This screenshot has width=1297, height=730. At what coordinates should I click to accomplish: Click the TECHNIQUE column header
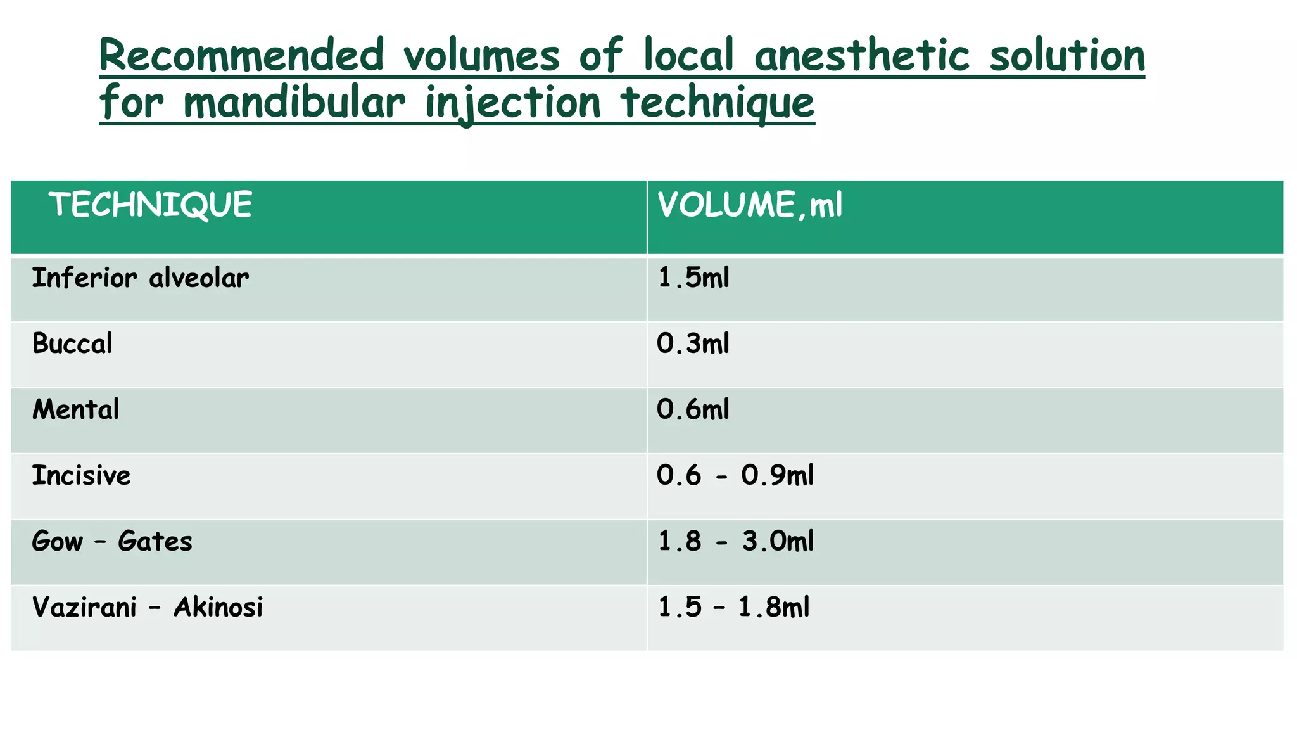pyautogui.click(x=151, y=205)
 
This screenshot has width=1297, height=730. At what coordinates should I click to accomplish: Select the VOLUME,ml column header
pyautogui.click(x=750, y=205)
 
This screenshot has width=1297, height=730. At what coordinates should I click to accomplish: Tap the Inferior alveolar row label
pyautogui.click(x=140, y=278)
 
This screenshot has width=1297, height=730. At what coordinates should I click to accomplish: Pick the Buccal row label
pyautogui.click(x=72, y=344)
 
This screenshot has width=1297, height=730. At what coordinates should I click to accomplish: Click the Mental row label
pyautogui.click(x=75, y=410)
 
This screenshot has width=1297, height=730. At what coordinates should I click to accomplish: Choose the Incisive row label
pyautogui.click(x=81, y=476)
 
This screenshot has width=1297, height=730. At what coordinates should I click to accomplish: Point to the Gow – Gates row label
pyautogui.click(x=112, y=542)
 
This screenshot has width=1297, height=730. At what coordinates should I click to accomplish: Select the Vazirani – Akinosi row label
pyautogui.click(x=147, y=608)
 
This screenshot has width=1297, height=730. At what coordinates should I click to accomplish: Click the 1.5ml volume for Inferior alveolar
pyautogui.click(x=693, y=278)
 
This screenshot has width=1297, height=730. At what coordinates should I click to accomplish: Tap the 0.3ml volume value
pyautogui.click(x=693, y=344)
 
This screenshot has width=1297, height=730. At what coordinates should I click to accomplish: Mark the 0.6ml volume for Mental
pyautogui.click(x=693, y=410)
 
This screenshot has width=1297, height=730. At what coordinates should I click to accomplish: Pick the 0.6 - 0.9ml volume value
pyautogui.click(x=735, y=476)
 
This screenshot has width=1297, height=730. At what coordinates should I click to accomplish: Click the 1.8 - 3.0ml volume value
pyautogui.click(x=735, y=542)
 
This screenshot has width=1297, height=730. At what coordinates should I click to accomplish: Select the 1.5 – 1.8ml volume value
pyautogui.click(x=733, y=608)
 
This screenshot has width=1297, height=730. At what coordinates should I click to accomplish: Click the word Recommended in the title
pyautogui.click(x=241, y=56)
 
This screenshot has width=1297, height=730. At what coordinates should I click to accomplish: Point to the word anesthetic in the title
pyautogui.click(x=862, y=56)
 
